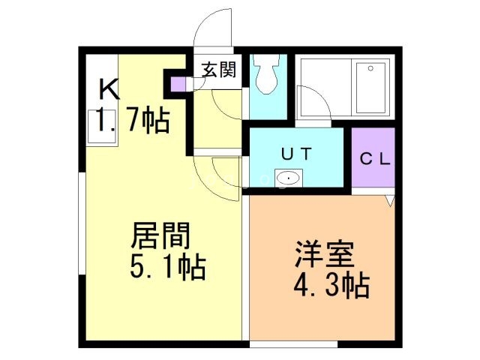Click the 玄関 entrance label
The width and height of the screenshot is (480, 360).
tap(219, 70)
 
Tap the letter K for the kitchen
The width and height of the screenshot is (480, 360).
tap(109, 89)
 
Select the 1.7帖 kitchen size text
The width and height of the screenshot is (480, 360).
tap(132, 120)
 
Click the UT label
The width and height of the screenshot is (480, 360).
tap(297, 153)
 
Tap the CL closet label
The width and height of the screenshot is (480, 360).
tap(373, 159)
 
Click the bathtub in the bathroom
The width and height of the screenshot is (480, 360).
tap(369, 87)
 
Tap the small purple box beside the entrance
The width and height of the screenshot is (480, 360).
tap(176, 83)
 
